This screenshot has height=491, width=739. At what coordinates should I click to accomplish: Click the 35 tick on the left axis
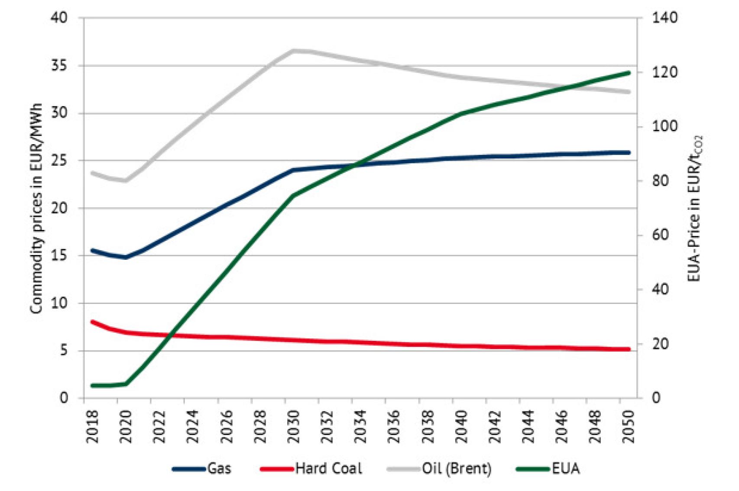[60, 65]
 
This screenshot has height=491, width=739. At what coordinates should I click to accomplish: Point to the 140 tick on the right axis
[665, 18]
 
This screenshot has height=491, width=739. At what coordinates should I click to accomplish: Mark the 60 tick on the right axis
[661, 235]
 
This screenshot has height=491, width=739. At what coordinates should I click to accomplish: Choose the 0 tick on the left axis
[64, 397]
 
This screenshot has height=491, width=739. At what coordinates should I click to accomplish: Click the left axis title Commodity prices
[37, 208]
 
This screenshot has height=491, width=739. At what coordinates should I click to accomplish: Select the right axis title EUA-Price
[694, 208]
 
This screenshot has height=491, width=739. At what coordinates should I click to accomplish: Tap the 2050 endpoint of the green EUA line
[629, 73]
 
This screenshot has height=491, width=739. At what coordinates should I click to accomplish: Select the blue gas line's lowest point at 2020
[126, 257]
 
